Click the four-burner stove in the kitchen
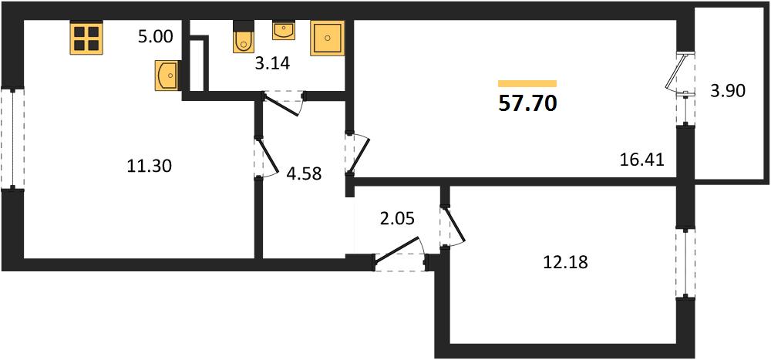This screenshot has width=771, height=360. [x=86, y=38]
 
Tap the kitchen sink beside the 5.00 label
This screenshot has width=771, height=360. [x=167, y=76]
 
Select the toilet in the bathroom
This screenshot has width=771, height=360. [x=242, y=37]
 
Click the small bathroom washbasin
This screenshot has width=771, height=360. [x=283, y=30]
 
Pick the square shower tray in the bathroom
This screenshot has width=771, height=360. [x=327, y=38]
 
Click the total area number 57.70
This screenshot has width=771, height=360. [x=527, y=104]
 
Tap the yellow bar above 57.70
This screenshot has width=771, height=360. [x=527, y=83]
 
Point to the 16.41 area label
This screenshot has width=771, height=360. [x=643, y=160]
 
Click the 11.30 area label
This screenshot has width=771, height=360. [x=149, y=167]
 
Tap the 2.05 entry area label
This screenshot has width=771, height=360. [x=398, y=218]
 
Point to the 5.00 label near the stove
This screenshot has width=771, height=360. [x=156, y=37]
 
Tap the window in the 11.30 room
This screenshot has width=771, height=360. [x=12, y=138]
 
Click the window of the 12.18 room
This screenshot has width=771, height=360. [x=685, y=263]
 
